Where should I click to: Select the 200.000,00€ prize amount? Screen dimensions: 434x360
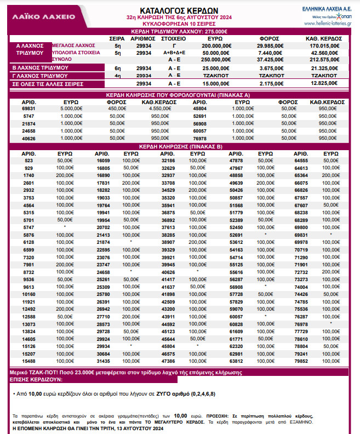tap(215, 45)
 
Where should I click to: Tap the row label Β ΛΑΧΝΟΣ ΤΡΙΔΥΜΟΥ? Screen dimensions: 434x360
tap(40, 67)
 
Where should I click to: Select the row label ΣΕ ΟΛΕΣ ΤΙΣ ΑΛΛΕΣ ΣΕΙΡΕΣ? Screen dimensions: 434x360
tap(49, 84)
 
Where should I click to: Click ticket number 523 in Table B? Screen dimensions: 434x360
tap(28, 160)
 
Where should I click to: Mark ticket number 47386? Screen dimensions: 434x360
tap(168, 361)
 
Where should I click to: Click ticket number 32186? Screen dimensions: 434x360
tap(168, 160)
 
